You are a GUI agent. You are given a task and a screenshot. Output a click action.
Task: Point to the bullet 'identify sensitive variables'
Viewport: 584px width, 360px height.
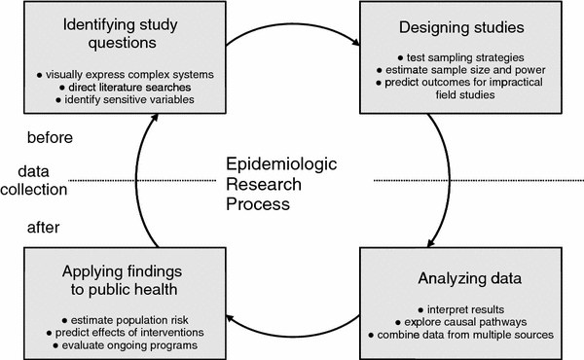point(121,100)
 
